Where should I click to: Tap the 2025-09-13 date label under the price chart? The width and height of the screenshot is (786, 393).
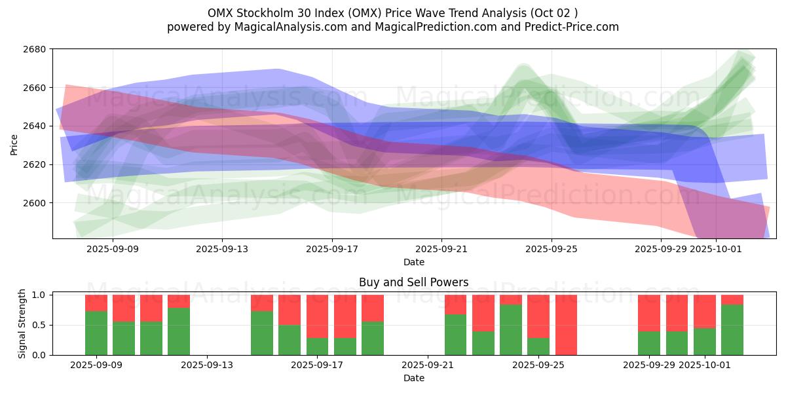click(222, 249)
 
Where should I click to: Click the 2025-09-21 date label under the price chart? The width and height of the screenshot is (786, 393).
click(441, 249)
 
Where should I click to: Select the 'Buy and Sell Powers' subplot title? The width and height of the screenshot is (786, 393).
click(413, 283)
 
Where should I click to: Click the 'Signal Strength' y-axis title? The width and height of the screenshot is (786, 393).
click(22, 324)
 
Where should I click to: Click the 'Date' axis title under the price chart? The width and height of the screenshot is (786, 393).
click(413, 262)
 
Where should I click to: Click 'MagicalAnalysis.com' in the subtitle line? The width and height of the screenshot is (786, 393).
click(286, 27)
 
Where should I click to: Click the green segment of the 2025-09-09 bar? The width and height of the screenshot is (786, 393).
click(96, 333)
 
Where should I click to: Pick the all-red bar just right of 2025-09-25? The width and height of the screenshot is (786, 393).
click(566, 325)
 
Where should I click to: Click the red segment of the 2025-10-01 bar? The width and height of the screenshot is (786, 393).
click(705, 311)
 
